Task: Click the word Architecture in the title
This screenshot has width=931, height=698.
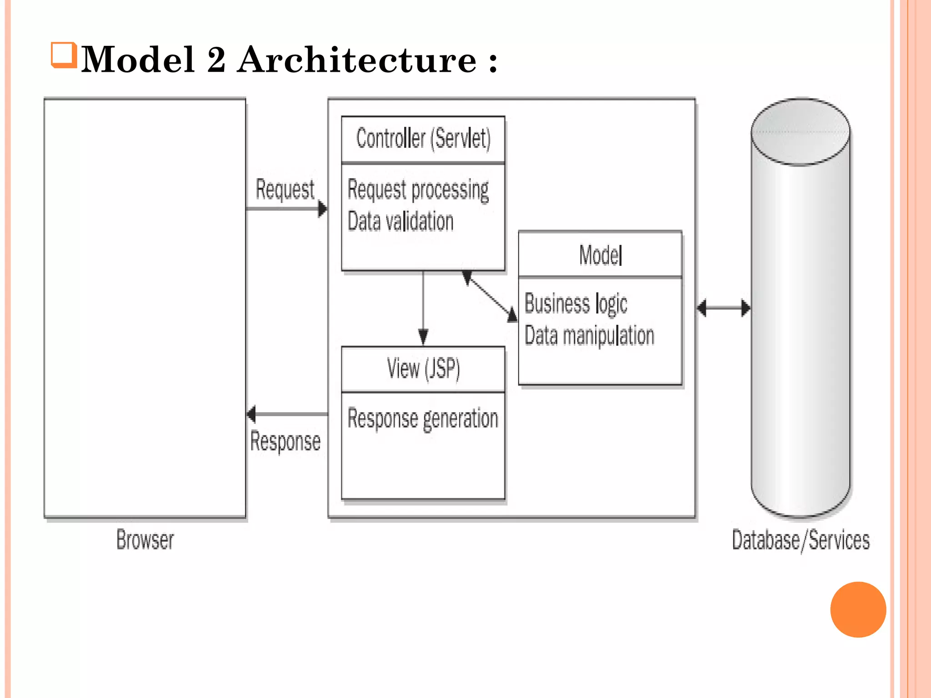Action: (357, 60)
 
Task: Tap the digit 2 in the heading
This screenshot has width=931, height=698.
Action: (216, 60)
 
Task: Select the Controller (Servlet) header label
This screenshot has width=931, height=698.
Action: (423, 139)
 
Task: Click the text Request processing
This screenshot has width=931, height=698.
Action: (418, 190)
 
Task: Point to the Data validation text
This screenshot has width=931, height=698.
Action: (400, 222)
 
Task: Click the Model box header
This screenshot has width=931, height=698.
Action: (600, 255)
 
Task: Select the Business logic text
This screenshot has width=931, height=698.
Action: (576, 304)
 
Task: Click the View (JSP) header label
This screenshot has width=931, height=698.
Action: (423, 369)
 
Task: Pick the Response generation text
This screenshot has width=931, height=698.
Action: (423, 419)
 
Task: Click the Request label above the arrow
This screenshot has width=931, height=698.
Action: (285, 189)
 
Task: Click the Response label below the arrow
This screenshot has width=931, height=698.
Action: (285, 441)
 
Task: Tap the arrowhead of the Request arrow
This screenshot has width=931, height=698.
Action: (322, 209)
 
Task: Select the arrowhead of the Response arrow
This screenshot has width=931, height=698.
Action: (251, 414)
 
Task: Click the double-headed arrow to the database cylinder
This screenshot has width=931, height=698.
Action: (723, 308)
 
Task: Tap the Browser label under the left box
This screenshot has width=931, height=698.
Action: (145, 540)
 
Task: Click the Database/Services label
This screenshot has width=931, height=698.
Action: (801, 540)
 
